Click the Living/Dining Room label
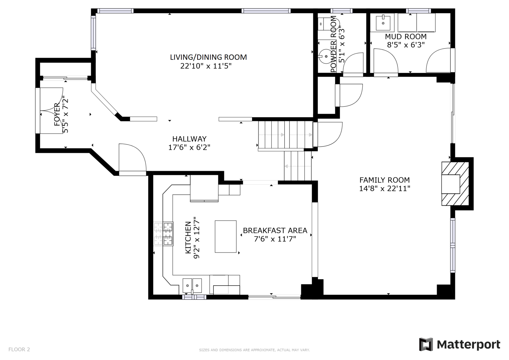point(208,57)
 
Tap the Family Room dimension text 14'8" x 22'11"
point(385,188)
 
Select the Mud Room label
point(406,36)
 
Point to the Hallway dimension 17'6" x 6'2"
point(189,147)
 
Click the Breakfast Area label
point(275,230)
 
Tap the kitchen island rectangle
point(226,236)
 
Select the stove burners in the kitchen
point(164,234)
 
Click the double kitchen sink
point(192,286)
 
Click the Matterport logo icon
point(426,344)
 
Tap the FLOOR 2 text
point(19,349)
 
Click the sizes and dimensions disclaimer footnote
point(254,350)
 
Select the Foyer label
point(57,114)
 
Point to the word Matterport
point(469,345)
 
